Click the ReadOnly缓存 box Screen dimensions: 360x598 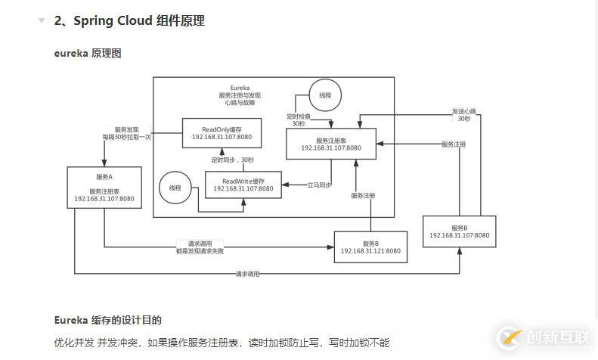(222, 133)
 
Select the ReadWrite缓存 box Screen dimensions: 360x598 (243, 185)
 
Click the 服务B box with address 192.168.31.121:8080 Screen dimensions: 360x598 (370, 247)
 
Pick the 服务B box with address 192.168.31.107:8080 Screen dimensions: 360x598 (460, 231)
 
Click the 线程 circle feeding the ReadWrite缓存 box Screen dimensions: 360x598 (175, 188)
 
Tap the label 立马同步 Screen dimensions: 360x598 (318, 184)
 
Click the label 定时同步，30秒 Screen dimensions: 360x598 (233, 160)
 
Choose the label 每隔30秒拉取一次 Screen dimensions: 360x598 (127, 137)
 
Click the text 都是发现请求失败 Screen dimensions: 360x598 (200, 250)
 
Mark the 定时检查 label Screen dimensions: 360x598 (298, 116)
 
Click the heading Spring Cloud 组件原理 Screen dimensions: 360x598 (129, 21)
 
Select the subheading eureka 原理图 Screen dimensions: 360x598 (88, 53)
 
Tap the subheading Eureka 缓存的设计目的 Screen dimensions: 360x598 (107, 320)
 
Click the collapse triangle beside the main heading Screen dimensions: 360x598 (42, 21)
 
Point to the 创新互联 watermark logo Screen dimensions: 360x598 (541, 338)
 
